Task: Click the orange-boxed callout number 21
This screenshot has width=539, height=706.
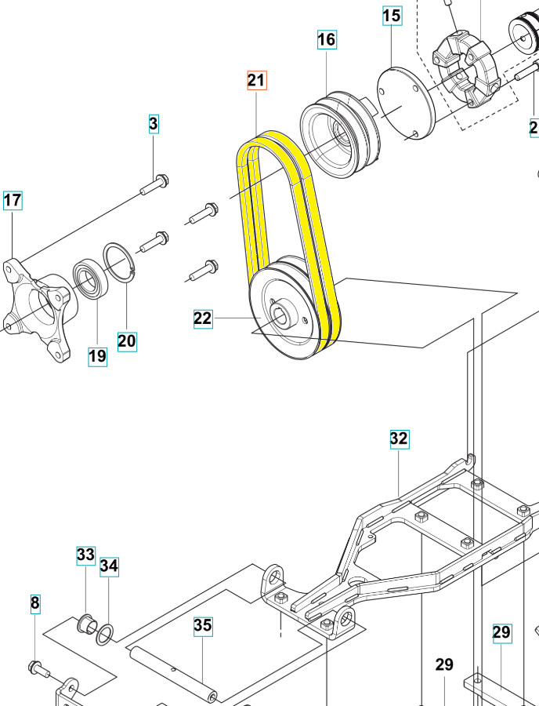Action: pos(257,80)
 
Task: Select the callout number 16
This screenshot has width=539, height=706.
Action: pos(327,39)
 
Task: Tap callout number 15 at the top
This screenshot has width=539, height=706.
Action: pos(392,16)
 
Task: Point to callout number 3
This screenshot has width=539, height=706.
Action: pos(154,123)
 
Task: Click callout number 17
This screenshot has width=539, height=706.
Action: pos(13,200)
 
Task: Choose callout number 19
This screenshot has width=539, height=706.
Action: pos(98,357)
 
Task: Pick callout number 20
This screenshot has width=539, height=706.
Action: pos(127,341)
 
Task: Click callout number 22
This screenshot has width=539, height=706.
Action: pos(203,318)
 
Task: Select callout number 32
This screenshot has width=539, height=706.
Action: pos(400,439)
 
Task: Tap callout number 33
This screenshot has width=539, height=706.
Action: pos(85,555)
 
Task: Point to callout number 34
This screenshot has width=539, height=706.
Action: pos(109,566)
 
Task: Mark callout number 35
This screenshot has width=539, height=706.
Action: pos(203,626)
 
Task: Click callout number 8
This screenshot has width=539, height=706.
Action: pos(35,603)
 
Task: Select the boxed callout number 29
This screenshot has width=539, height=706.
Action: pos(501,633)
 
